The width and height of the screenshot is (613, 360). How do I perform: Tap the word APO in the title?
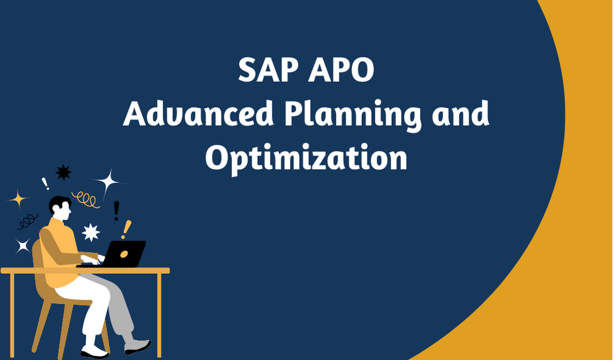[341, 70]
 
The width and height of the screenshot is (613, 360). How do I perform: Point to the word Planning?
[353, 115]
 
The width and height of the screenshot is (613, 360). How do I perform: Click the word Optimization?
[306, 158]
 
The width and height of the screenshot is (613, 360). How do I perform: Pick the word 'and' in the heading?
[460, 113]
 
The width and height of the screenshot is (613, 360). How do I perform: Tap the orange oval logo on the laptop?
[124, 254]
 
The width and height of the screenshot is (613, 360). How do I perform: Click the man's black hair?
[59, 203]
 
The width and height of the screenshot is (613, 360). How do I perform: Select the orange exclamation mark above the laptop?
[126, 229]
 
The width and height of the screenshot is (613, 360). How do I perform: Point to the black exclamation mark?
[116, 211]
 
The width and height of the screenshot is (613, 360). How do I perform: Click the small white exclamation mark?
[45, 184]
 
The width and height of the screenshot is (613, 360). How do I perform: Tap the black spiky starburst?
[63, 173]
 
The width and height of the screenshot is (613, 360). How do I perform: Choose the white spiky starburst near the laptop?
[91, 232]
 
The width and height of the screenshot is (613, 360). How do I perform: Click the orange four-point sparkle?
[18, 200]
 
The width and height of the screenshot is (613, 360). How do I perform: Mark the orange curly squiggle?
[85, 200]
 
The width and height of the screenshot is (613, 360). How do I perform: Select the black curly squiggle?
[27, 221]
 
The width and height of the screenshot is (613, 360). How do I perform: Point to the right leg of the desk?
[159, 315]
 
